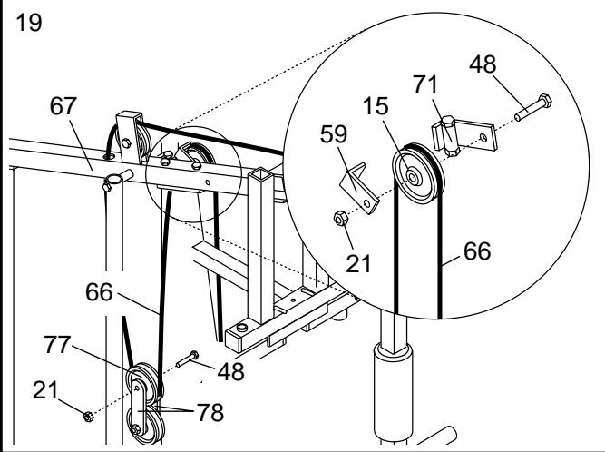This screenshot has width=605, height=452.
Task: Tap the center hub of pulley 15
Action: coord(413,178)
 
